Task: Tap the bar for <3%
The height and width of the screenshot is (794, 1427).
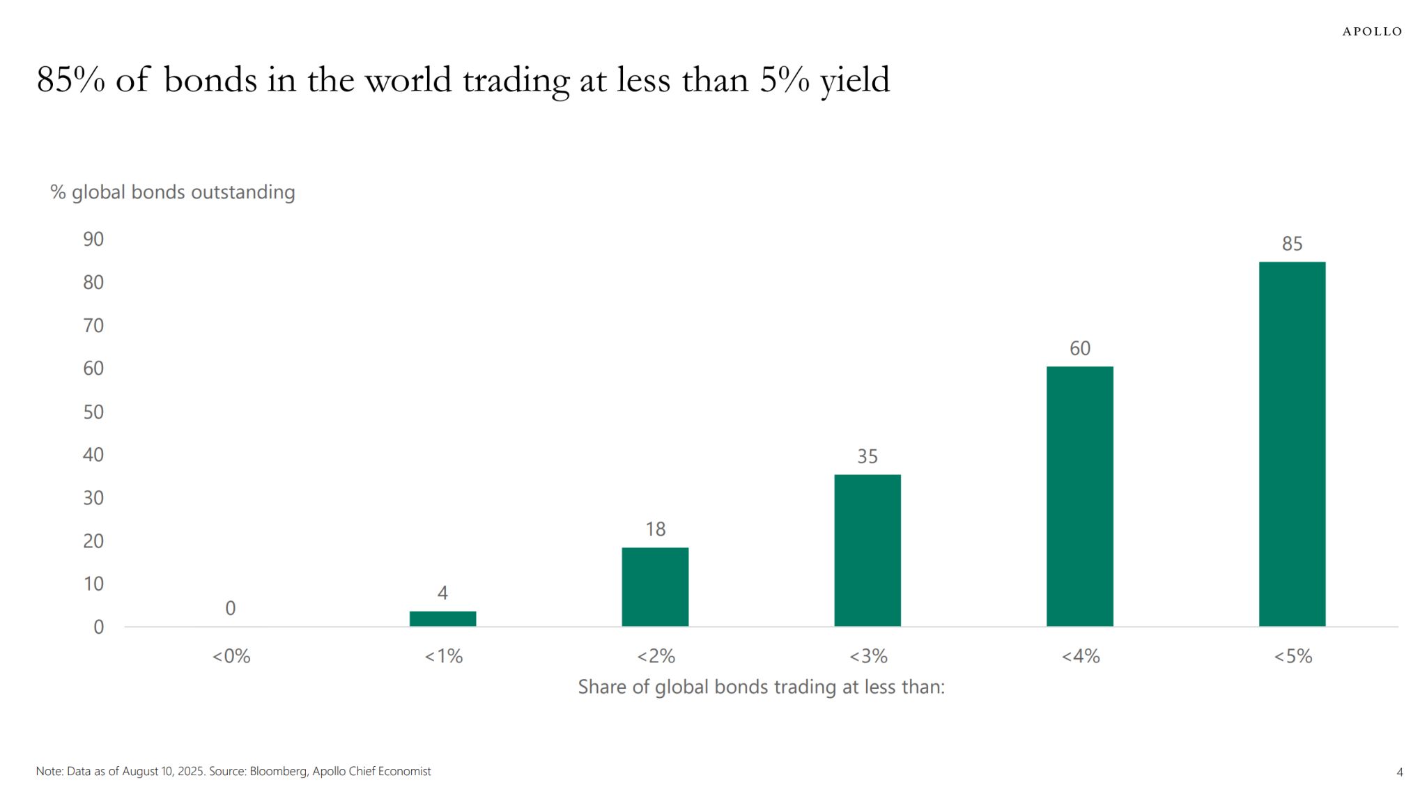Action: pos(867,550)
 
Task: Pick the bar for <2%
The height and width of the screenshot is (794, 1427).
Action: pos(655,586)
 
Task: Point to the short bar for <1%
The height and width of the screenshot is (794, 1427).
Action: pos(442,618)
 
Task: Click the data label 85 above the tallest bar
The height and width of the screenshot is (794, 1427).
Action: pos(1292,244)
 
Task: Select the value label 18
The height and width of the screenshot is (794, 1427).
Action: pos(655,529)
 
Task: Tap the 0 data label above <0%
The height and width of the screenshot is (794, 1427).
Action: pos(231,608)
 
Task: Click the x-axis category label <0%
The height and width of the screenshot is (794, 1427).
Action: pos(231,656)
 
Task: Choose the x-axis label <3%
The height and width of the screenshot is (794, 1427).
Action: pos(867,656)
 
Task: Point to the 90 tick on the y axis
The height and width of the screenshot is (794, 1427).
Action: pos(93,240)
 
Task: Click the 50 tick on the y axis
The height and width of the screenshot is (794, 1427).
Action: pos(93,412)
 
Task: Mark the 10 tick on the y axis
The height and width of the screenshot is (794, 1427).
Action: pos(93,584)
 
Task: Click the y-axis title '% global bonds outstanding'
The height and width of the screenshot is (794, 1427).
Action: pos(173,192)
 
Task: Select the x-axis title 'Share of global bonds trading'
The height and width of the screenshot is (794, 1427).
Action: pos(761,687)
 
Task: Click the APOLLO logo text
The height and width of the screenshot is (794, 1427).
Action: pos(1372,31)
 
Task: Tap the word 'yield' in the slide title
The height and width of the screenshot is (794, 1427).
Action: pos(855,80)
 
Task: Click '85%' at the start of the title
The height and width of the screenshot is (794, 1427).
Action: pos(70,80)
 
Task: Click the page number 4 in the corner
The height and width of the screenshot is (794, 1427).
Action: pos(1400,772)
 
